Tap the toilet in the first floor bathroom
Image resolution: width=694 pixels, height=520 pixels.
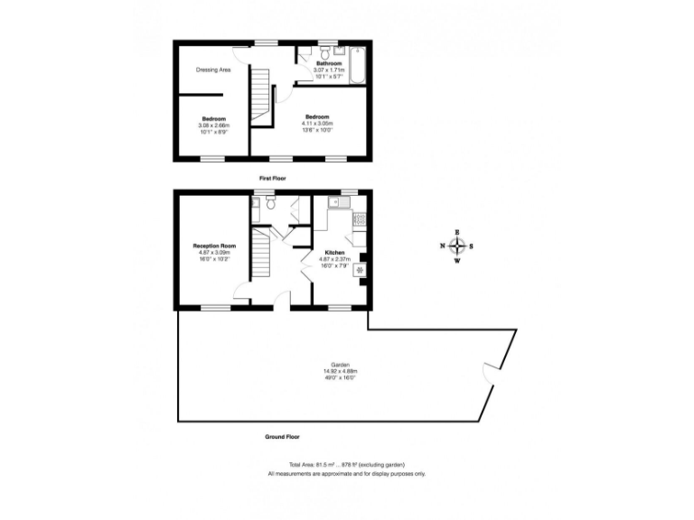(308, 52)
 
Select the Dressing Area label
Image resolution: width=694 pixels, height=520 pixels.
(213, 70)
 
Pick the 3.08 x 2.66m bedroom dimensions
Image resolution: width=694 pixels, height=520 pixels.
(213, 125)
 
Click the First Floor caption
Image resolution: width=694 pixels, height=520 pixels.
(272, 179)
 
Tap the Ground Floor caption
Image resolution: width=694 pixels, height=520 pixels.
(282, 436)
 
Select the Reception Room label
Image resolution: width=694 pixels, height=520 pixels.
(214, 246)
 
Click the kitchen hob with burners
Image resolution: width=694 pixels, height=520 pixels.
(359, 218)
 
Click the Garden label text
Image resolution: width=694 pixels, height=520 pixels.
(341, 365)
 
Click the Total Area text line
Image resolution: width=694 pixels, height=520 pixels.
(346, 465)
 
